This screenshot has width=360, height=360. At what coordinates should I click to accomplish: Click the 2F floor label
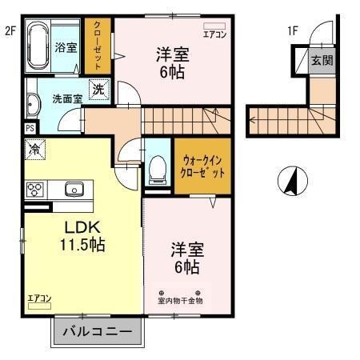click(10, 31)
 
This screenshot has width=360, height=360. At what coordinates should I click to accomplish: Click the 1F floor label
click(293, 31)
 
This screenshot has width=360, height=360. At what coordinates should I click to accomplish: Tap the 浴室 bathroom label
click(66, 48)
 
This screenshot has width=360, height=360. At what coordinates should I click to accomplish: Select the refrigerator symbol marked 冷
click(35, 148)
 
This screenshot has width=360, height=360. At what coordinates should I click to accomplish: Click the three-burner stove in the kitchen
click(35, 190)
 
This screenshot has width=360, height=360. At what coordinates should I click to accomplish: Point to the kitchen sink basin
click(74, 190)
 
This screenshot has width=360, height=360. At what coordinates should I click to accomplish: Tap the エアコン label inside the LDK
click(39, 298)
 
